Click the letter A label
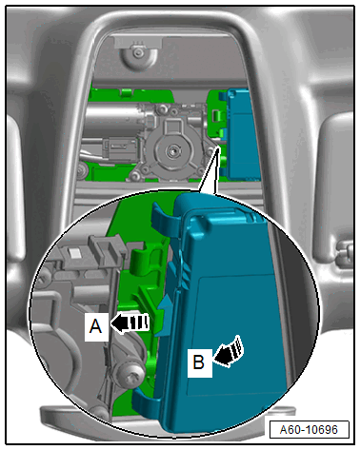click(x=96, y=326)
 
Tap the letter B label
click(x=199, y=362)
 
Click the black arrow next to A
click(x=130, y=323)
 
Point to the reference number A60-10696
click(x=309, y=430)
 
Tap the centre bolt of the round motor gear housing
click(x=173, y=150)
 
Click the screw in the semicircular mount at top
click(x=138, y=52)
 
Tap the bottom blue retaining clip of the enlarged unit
click(x=147, y=402)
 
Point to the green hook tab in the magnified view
click(x=141, y=259)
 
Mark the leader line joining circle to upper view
click(x=208, y=169)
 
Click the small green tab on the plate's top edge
click(x=127, y=92)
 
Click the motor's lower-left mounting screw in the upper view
click(x=136, y=175)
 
